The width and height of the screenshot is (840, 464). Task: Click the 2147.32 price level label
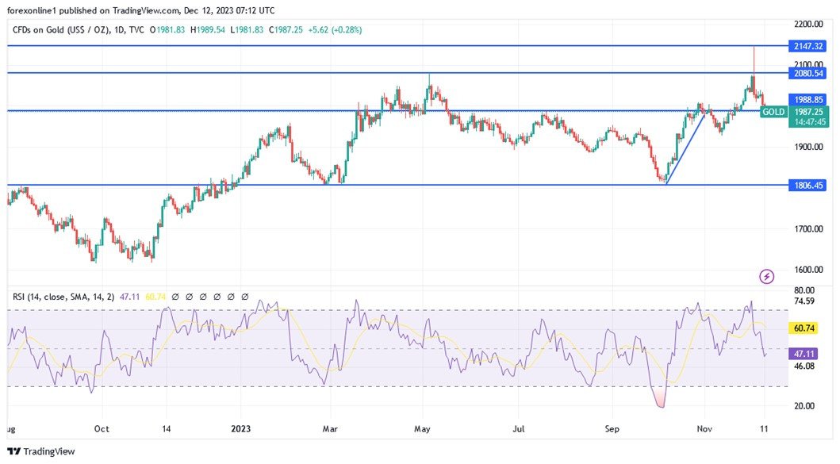click(807, 46)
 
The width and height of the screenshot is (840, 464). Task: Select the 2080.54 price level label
click(807, 73)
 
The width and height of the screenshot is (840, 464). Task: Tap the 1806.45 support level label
click(807, 185)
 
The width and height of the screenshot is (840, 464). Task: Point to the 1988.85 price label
click(807, 100)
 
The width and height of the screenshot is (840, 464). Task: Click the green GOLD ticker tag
click(773, 113)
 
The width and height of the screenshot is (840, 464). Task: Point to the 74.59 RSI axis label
click(806, 301)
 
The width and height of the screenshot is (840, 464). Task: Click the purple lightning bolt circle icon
click(767, 276)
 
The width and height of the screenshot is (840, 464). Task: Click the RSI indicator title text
click(63, 297)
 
